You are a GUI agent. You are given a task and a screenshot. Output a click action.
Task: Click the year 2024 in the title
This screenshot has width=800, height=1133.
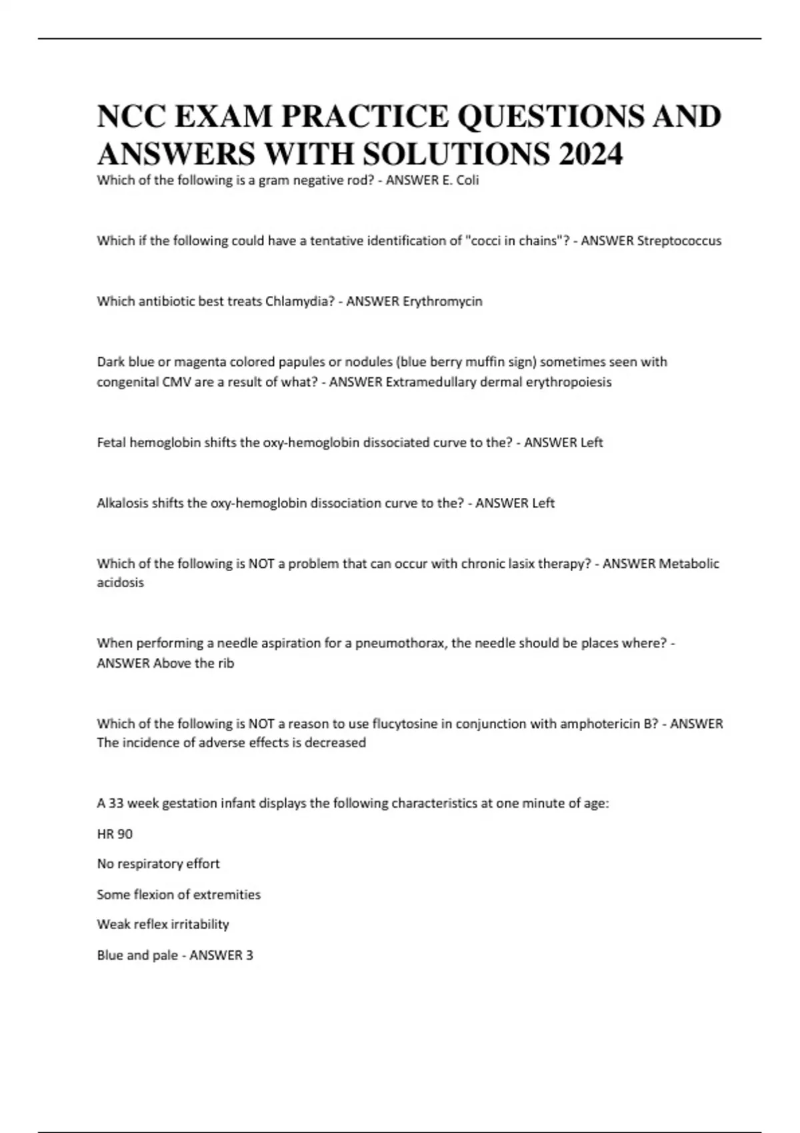click(591, 155)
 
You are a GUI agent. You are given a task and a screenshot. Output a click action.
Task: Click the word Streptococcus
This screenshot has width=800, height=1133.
click(679, 241)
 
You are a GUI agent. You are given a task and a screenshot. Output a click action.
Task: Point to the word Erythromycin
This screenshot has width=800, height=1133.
click(442, 301)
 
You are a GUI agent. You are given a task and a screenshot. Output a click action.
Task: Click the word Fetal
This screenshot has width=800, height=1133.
click(111, 443)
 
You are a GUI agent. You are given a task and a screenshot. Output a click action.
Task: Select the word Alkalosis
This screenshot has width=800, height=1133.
click(123, 503)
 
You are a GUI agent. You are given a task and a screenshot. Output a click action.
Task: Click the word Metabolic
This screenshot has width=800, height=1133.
click(689, 564)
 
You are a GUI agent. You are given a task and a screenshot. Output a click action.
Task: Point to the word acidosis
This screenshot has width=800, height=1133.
click(120, 582)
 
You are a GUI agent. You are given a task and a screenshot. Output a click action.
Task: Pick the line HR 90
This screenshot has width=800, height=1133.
click(115, 834)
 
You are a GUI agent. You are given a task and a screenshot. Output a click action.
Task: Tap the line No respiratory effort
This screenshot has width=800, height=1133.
click(158, 864)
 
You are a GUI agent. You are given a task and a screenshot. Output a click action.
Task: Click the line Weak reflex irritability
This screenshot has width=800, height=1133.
click(163, 924)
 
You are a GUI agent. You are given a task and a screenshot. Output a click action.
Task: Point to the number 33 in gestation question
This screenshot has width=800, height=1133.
click(116, 803)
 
